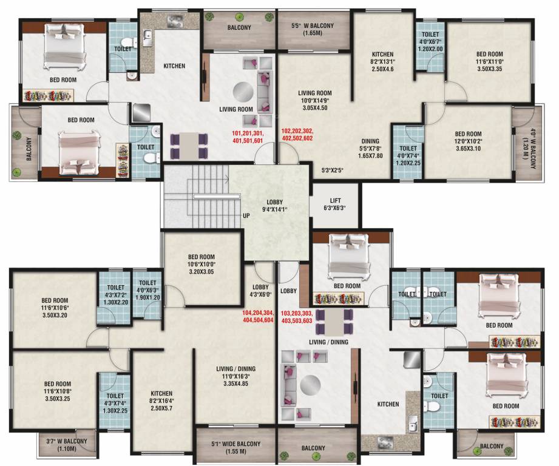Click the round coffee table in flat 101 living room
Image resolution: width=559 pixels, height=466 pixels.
[243, 92]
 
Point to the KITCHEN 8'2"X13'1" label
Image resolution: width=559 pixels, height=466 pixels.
[382, 61]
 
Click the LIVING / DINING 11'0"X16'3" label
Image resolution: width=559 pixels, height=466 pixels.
[235, 376]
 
